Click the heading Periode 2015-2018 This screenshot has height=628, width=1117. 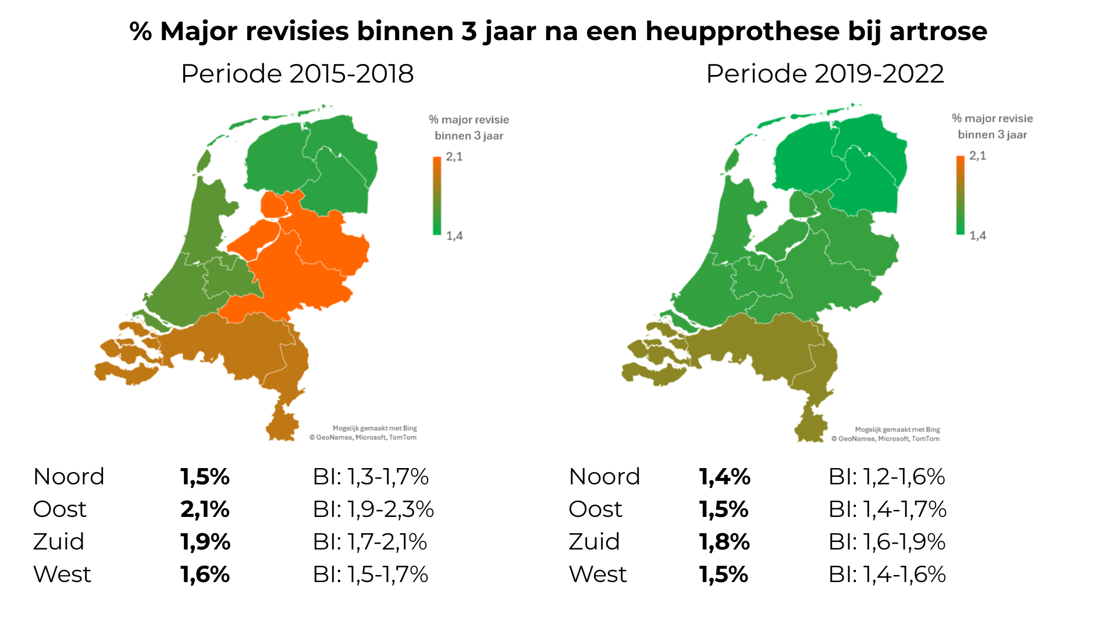coord(297,74)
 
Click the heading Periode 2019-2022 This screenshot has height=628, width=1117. coord(824,74)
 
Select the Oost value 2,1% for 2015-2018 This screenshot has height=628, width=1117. coord(205,509)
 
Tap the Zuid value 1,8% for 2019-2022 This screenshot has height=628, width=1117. coord(724,542)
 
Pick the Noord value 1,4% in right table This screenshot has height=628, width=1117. coord(724,477)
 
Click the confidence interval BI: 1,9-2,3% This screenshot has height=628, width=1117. coord(373,509)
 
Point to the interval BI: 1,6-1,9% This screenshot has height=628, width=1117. coord(887,542)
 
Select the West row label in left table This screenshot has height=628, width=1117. coord(62,575)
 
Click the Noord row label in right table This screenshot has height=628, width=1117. coord(604,477)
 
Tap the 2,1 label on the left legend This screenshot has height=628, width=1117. coord(454,156)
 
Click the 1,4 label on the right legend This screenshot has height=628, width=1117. coord(977,235)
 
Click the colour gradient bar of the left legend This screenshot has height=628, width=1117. coord(437,195)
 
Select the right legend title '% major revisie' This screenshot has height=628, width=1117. coord(992,119)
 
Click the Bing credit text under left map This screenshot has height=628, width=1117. coord(375,429)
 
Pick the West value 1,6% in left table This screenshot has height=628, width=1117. coord(205,575)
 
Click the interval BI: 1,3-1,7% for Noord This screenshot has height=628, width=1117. coord(371,477)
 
